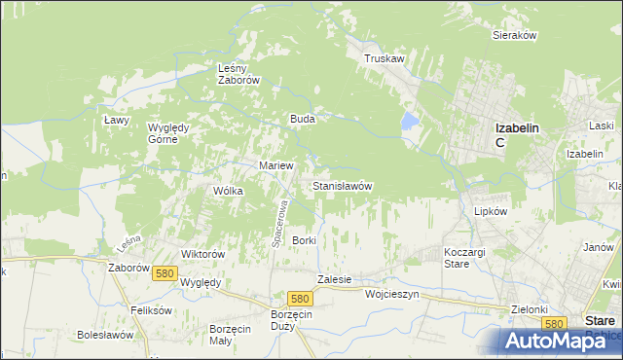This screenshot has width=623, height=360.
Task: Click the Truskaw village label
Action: tap(384, 59)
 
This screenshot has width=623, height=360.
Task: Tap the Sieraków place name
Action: tap(515, 35)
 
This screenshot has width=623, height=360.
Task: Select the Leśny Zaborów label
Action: tap(238, 74)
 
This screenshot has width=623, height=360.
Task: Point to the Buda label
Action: tap(301, 119)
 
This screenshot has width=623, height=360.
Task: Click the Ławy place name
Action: tap(117, 119)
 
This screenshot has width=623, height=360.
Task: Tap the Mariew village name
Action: tap(276, 165)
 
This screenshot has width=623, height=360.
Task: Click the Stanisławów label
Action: tap(342, 185)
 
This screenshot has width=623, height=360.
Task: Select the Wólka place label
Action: tap(228, 191)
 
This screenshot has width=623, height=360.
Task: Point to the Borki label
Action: tap(305, 240)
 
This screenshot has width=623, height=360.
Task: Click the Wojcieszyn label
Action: tap(391, 293)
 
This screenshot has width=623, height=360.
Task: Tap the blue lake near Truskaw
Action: tap(410, 122)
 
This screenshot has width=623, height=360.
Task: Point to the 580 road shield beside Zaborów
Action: tap(164, 274)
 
